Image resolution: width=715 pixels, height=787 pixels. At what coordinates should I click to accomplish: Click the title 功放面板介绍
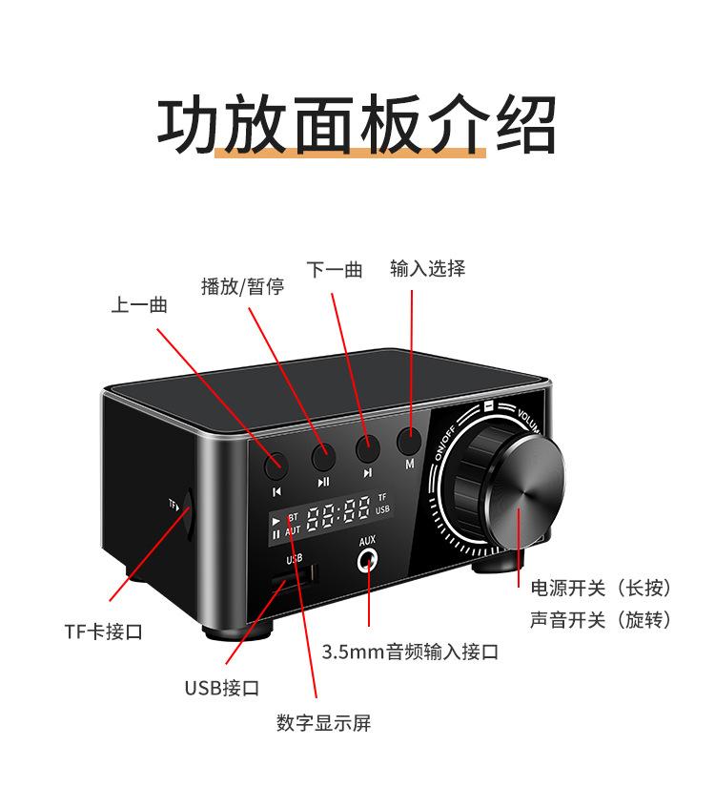point(357,124)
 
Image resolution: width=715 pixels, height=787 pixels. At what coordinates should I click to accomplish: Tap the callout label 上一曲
point(139,305)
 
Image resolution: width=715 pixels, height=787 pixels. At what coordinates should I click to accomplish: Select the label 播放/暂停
point(242,286)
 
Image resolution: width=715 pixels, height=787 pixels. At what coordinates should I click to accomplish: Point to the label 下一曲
point(335,270)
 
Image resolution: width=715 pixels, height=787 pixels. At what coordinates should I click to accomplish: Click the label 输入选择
point(427,269)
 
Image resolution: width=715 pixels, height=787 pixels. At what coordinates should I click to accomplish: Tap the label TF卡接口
point(104,632)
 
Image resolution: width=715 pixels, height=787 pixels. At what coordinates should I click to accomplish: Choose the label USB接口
point(221,688)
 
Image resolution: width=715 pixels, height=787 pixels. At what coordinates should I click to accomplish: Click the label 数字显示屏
point(323,723)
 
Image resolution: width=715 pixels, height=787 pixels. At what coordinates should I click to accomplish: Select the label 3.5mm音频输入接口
point(410,652)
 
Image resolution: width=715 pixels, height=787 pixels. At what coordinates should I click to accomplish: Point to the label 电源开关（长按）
point(601,588)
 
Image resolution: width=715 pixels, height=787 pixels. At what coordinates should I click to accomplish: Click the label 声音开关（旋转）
point(601,620)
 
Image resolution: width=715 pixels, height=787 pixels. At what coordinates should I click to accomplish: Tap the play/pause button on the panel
point(324,451)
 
